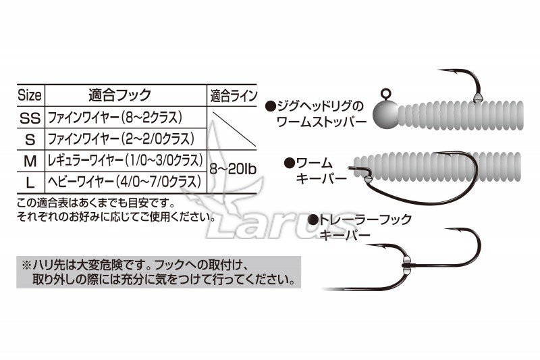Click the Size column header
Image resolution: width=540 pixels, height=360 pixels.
pos(29,95)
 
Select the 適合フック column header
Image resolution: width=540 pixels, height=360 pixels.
pos(120,95)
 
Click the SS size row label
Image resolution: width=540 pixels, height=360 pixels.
pos(30,118)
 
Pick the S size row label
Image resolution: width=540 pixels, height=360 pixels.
pos(30,140)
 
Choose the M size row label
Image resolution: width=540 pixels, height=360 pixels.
pos(30,161)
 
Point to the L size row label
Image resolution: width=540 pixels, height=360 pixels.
pos(30,182)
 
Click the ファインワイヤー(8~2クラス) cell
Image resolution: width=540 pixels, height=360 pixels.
pos(115,118)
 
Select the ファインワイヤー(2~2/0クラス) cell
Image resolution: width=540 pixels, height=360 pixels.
pos(121,139)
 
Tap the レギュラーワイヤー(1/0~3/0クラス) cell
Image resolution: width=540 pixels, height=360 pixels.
pos(126,161)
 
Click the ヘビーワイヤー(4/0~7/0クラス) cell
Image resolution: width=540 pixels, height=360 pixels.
pos(124,182)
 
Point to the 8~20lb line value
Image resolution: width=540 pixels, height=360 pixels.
pos(233,170)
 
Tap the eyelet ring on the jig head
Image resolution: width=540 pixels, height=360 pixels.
pos(385,93)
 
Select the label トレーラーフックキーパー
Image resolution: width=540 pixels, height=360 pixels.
pos(361,227)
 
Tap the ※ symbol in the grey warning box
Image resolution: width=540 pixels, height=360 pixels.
pos(26,265)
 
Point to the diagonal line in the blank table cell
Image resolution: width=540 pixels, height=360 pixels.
pos(234,129)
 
